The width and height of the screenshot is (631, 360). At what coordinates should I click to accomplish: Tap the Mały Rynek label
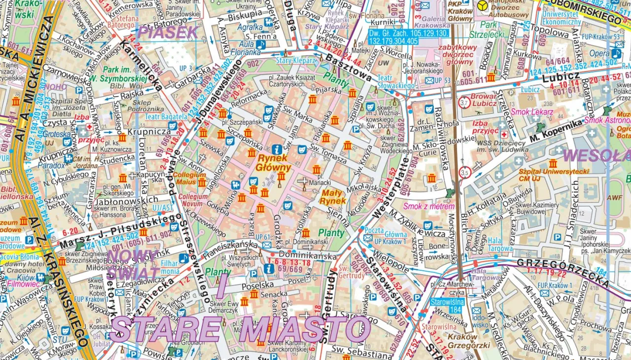coord(333,197)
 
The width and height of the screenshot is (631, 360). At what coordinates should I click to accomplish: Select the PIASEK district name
coord(167,33)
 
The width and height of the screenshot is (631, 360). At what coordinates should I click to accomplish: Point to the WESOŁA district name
coord(596,155)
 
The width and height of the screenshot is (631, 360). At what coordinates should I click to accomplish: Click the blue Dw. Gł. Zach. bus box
coord(409,37)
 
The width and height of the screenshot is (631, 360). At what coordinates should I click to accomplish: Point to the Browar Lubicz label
coord(483,100)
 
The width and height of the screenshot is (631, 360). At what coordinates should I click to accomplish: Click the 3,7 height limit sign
coord(463,103)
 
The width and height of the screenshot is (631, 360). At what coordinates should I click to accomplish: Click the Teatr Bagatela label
coord(166,117)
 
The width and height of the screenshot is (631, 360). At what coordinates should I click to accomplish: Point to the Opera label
coord(599,53)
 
